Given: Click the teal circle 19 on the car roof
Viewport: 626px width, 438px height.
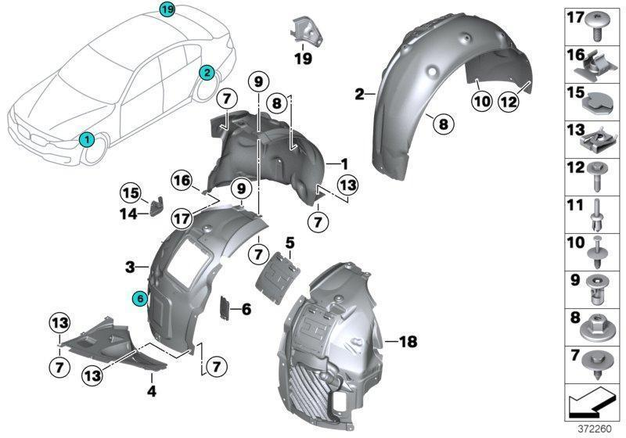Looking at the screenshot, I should tap(167, 9).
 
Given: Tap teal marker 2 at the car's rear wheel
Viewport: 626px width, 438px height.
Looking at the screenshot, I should tap(207, 73).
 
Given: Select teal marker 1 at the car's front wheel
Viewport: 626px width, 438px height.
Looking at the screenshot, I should tap(88, 139).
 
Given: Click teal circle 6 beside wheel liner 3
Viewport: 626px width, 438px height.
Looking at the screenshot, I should tap(139, 298).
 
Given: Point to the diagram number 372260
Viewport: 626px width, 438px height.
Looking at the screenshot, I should tap(594, 428).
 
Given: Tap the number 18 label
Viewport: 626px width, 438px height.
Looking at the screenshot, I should tap(408, 342).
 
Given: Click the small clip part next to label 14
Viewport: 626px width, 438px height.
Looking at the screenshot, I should tap(156, 206).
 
